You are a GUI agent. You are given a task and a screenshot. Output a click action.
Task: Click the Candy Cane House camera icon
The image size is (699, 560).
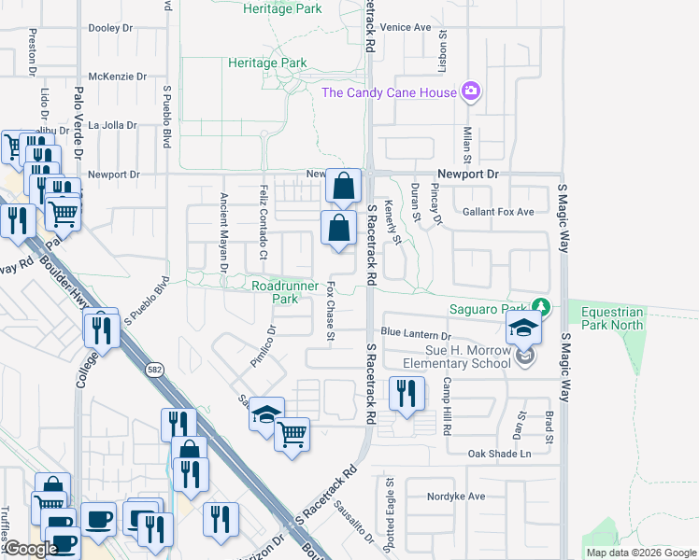(x=471, y=91)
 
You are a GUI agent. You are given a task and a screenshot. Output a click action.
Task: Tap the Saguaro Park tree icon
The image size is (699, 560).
(x=539, y=306)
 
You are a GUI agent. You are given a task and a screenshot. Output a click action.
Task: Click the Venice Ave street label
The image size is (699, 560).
(x=406, y=27)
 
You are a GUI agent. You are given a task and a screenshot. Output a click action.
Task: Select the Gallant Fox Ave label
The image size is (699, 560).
(x=498, y=212)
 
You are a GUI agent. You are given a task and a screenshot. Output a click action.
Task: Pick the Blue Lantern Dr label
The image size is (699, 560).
(x=416, y=333)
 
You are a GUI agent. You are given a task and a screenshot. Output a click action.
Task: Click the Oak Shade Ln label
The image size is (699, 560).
(x=499, y=454)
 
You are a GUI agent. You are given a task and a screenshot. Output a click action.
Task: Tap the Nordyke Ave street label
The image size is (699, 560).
(x=457, y=496)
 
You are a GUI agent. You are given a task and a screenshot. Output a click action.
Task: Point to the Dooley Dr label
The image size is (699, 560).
(x=109, y=28)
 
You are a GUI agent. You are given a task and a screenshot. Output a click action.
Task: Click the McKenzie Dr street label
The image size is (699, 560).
(x=112, y=77)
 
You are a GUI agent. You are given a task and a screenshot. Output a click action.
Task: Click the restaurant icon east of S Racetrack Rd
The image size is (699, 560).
(x=405, y=393)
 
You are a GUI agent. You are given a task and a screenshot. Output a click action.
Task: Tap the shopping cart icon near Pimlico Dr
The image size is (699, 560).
(x=292, y=433)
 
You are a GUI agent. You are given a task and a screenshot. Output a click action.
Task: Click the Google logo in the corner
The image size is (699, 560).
(x=30, y=549)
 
